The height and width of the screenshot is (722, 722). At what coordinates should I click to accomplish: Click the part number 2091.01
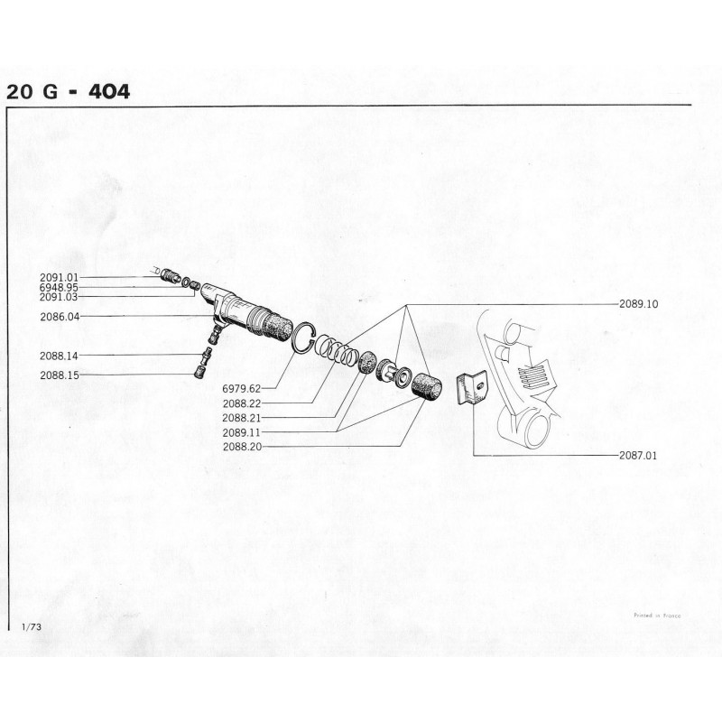pyautogui.click(x=59, y=278)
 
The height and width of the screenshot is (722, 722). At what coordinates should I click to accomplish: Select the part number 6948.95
pyautogui.click(x=59, y=288)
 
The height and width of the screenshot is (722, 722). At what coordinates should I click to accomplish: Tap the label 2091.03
pyautogui.click(x=59, y=298)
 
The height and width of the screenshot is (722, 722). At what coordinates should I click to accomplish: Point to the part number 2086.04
pyautogui.click(x=60, y=317)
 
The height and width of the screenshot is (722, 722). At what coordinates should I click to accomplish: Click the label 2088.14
pyautogui.click(x=59, y=356)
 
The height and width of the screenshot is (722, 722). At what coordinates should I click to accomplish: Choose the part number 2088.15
pyautogui.click(x=60, y=375)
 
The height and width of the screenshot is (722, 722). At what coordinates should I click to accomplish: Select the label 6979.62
pyautogui.click(x=242, y=389)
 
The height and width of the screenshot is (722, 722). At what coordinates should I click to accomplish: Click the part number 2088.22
pyautogui.click(x=242, y=403)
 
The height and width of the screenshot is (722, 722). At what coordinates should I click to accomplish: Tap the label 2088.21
pyautogui.click(x=242, y=418)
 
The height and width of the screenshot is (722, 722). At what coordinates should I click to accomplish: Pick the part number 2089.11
pyautogui.click(x=242, y=433)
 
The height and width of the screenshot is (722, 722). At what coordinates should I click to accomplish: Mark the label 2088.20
pyautogui.click(x=242, y=447)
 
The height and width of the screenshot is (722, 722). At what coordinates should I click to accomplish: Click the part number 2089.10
pyautogui.click(x=639, y=304)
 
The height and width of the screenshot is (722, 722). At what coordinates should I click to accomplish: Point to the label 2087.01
pyautogui.click(x=638, y=456)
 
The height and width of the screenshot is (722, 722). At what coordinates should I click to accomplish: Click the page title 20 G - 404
pyautogui.click(x=69, y=92)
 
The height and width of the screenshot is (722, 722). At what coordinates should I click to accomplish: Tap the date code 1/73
pyautogui.click(x=32, y=626)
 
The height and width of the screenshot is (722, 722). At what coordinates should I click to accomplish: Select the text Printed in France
pyautogui.click(x=657, y=616)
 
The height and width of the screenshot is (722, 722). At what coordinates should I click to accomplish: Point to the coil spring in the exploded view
pyautogui.click(x=336, y=350)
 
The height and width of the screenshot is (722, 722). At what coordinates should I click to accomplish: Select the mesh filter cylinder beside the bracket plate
pyautogui.click(x=426, y=386)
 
